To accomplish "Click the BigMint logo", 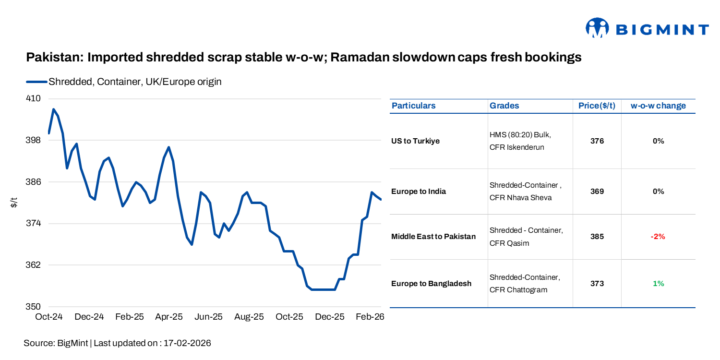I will click(647, 29).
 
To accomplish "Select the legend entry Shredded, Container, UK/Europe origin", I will click(134, 82).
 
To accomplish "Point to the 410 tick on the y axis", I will click(33, 98).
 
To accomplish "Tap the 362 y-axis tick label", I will click(33, 265).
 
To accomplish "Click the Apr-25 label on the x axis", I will click(169, 317).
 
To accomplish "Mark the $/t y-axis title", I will click(14, 203).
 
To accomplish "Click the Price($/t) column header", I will click(597, 106).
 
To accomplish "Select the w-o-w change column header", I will click(658, 106).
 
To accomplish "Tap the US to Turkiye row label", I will click(415, 141).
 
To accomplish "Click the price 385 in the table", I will click(597, 237).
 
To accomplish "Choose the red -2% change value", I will click(658, 237).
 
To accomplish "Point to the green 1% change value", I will click(658, 284).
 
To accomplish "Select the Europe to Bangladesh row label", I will click(431, 284).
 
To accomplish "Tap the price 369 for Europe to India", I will click(597, 192).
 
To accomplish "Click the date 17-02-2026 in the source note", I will click(187, 343).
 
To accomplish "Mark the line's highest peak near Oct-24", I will click(53, 109).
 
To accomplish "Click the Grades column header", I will click(504, 106).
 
